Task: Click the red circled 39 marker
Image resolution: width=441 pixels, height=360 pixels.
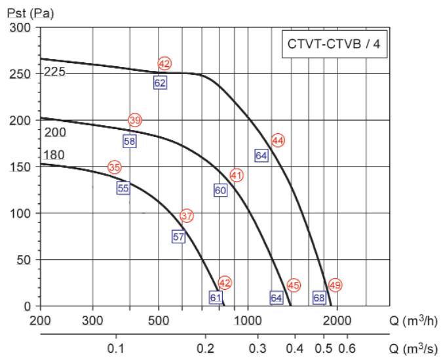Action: pyautogui.click(x=135, y=121)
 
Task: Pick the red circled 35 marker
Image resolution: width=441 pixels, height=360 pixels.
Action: pyautogui.click(x=115, y=167)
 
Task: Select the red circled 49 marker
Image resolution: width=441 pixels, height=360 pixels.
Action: pyautogui.click(x=336, y=285)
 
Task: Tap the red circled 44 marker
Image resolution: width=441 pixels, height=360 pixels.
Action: pyautogui.click(x=278, y=140)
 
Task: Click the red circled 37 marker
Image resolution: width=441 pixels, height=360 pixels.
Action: pyautogui.click(x=187, y=216)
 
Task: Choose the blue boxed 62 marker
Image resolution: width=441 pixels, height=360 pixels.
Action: pyautogui.click(x=160, y=83)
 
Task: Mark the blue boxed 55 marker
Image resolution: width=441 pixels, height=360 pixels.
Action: pyautogui.click(x=123, y=188)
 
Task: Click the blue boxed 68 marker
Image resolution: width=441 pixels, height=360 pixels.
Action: pyautogui.click(x=319, y=298)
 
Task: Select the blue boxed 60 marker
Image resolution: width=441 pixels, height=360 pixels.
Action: pyautogui.click(x=220, y=190)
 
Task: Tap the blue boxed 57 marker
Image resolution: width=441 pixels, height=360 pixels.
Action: pyautogui.click(x=179, y=237)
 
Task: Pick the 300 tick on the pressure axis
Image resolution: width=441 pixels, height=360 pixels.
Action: pyautogui.click(x=24, y=28)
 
